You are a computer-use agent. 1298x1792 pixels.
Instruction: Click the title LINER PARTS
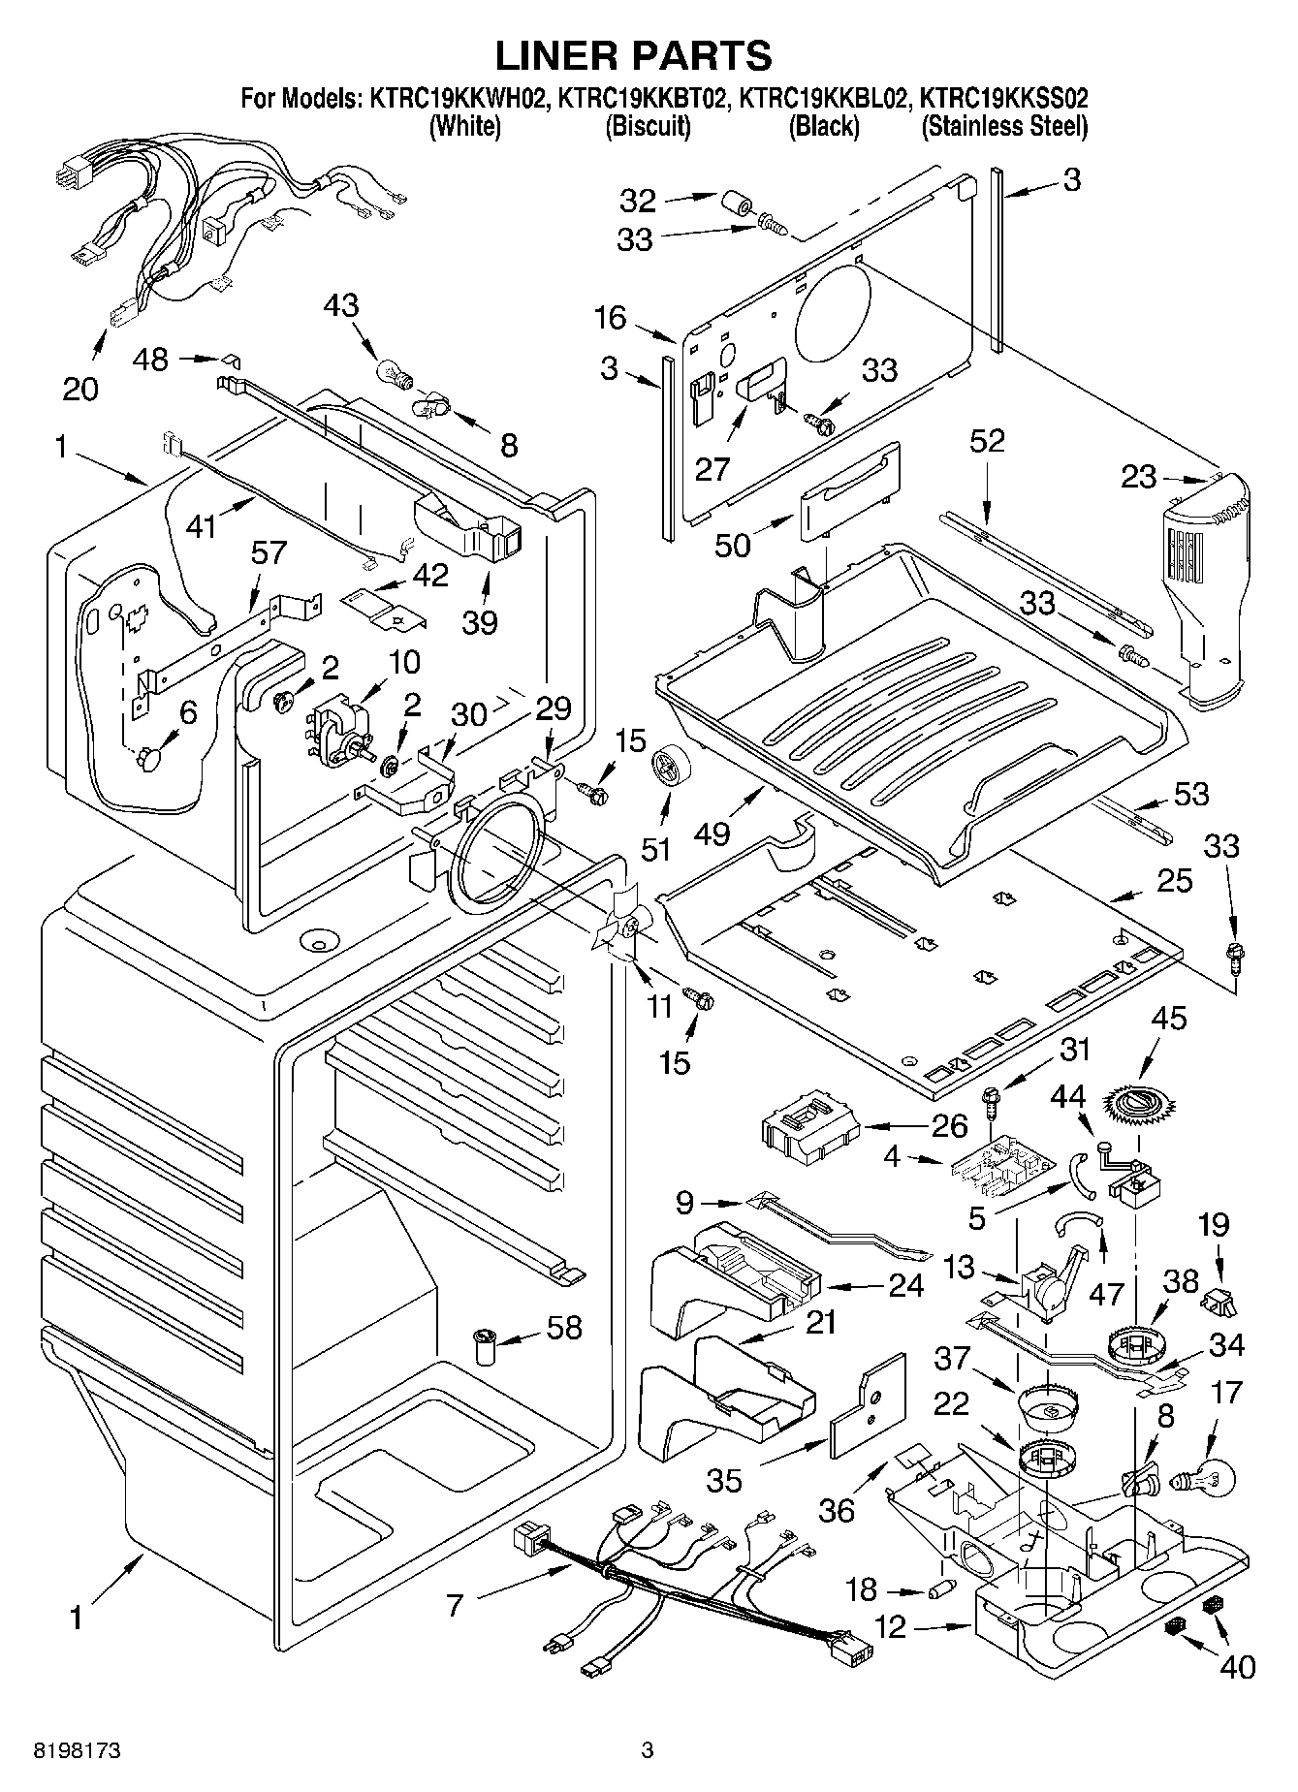coord(634,55)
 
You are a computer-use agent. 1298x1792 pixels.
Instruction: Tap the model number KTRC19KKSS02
coord(1003,98)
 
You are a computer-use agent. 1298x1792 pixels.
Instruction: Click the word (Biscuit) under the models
coord(648,126)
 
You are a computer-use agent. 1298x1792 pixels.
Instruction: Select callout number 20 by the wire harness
coord(80,389)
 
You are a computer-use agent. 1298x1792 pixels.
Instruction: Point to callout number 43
coord(341,305)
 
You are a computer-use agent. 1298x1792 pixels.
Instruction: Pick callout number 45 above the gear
coord(1168,1019)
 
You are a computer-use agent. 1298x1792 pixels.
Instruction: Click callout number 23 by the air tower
coord(1139,476)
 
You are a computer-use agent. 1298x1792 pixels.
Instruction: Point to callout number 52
coord(987,441)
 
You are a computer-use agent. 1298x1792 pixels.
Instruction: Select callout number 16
coord(611,318)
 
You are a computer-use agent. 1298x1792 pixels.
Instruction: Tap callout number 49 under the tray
coord(712,833)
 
